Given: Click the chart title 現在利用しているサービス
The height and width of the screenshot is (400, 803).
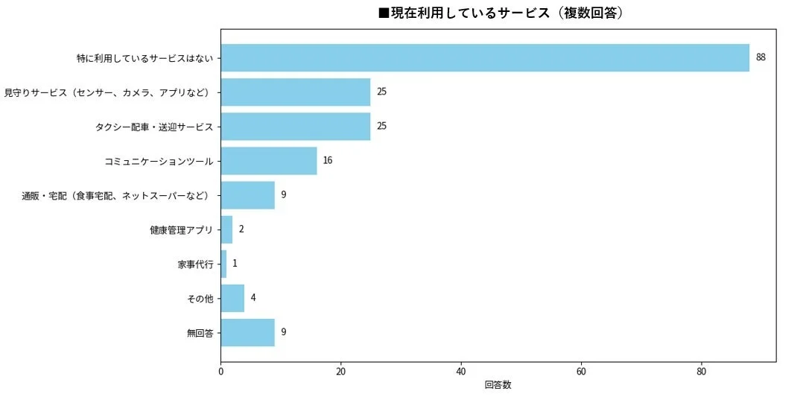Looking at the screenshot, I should [501, 13].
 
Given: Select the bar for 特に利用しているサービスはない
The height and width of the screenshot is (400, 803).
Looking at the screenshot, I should [485, 57].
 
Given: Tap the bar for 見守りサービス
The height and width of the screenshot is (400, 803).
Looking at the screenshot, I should [296, 92].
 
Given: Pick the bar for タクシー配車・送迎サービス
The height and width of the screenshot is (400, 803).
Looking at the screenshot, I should [296, 126].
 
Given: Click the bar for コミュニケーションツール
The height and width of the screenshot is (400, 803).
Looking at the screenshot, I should [269, 160].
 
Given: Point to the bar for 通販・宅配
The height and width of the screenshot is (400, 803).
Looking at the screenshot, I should [248, 195].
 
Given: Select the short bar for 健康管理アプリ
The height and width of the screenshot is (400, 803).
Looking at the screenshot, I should [226, 229].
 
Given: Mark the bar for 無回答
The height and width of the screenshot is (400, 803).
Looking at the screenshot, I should [248, 332].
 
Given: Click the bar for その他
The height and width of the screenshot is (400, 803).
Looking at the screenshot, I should [232, 298].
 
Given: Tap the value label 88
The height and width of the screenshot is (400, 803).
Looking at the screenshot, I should [761, 57].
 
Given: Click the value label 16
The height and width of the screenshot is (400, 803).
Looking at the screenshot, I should [328, 160].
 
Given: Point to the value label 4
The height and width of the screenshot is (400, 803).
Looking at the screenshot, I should [253, 298].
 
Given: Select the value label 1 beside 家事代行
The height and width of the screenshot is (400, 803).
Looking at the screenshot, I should [235, 264].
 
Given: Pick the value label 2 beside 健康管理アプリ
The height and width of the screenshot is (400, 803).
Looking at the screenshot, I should [241, 229].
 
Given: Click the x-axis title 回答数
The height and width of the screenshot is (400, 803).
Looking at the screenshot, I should [498, 385].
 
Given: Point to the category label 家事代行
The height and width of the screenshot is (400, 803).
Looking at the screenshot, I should [195, 264].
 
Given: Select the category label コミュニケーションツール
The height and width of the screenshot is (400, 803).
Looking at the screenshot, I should [159, 161].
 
